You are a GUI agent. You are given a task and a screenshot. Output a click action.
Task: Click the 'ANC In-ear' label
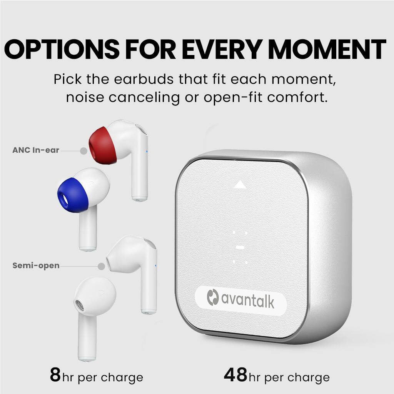(36, 150)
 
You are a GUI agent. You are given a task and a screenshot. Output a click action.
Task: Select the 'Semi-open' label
(36, 265)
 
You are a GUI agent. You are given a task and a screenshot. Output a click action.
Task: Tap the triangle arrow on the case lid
(240, 185)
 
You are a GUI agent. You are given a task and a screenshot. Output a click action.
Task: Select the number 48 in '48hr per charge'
(235, 375)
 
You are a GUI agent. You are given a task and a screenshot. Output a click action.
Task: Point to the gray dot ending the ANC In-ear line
(83, 151)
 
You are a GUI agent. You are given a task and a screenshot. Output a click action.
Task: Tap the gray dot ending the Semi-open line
(102, 266)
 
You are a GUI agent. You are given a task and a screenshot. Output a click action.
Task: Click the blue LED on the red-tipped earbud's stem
(147, 151)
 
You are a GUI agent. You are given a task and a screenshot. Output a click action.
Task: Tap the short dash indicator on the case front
(240, 247)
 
